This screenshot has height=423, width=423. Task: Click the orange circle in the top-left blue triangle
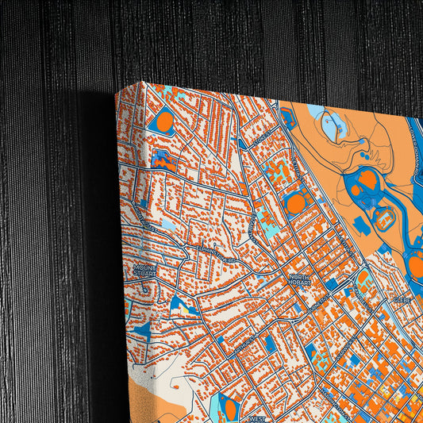click(x=165, y=121)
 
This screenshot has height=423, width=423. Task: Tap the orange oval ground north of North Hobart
click(x=295, y=204)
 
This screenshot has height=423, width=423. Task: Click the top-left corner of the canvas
click(x=117, y=90)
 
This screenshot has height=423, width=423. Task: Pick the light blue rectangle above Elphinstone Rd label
click(x=170, y=225)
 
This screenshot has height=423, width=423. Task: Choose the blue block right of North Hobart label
click(x=331, y=283)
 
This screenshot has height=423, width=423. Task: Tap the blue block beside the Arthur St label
click(x=269, y=343)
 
